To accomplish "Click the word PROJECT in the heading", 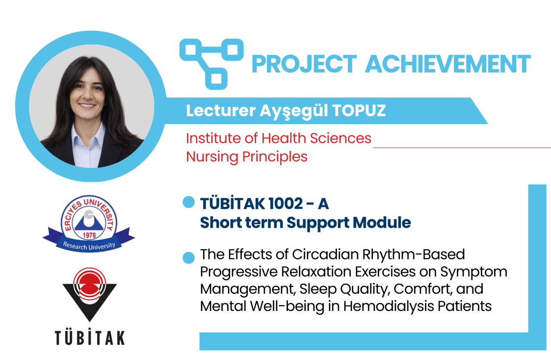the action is point(304,64).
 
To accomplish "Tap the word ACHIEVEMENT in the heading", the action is point(448,64).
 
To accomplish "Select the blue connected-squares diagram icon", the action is point(211,64).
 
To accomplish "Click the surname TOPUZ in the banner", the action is point(359,110).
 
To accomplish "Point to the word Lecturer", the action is point(221,110).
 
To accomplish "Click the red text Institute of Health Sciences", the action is point(278,138).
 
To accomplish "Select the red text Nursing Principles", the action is point(247,156).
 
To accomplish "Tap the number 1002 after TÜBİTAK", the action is point(285,204).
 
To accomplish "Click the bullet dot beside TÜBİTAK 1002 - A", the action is point(189,202).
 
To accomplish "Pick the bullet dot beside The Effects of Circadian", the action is point(189,257).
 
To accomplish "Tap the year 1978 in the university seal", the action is point(89,234).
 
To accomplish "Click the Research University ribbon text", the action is point(89,246).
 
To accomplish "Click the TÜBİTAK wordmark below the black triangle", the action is point(90,337).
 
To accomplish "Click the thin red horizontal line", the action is point(462,148).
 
